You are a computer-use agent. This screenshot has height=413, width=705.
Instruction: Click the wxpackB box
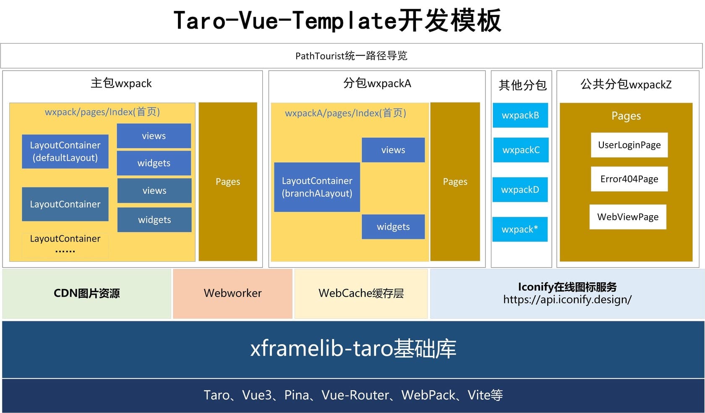click(520, 115)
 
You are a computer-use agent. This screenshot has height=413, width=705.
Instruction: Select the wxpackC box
click(521, 150)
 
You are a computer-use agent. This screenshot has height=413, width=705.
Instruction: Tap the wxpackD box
click(520, 189)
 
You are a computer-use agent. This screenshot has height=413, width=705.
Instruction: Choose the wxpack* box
click(520, 229)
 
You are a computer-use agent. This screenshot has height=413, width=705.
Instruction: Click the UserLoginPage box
click(629, 145)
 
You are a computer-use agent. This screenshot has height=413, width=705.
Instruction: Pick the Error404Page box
click(629, 179)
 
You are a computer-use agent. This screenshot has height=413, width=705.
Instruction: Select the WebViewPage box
click(628, 217)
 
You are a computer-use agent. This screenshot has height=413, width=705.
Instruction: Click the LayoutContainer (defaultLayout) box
click(65, 151)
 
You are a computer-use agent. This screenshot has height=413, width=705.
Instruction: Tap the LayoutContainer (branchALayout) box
click(317, 187)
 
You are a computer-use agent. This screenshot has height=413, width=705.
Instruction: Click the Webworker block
click(232, 293)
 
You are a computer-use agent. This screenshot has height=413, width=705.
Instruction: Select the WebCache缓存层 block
click(361, 293)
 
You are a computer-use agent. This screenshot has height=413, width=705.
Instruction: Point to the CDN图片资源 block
click(86, 293)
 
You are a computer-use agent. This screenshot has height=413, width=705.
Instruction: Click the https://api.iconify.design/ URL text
click(567, 300)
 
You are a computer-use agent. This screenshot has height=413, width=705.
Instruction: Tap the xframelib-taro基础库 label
click(353, 348)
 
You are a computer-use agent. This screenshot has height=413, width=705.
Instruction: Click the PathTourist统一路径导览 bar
click(351, 56)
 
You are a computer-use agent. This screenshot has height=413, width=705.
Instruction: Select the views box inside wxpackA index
click(393, 150)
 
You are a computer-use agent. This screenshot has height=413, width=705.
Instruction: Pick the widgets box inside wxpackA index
click(393, 227)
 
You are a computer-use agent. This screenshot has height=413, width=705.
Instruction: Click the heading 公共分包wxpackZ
click(626, 84)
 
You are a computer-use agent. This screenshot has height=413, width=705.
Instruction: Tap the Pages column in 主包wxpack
click(228, 182)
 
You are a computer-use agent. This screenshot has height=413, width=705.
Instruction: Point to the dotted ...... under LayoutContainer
click(65, 251)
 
